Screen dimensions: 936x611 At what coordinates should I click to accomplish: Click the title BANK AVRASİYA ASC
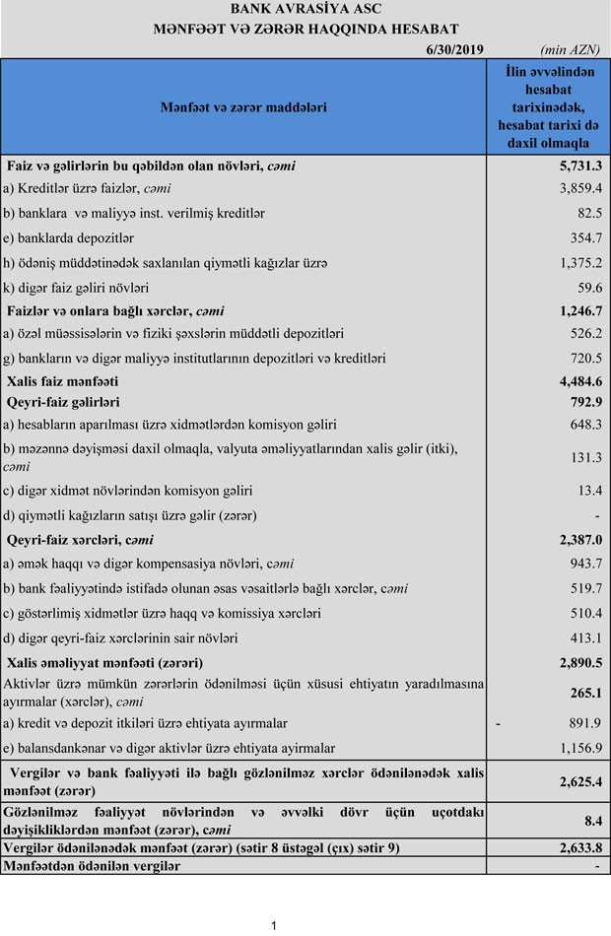click(x=305, y=10)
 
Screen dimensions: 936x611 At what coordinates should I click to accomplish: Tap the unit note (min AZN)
click(x=571, y=48)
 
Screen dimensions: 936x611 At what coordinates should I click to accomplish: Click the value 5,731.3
click(x=580, y=166)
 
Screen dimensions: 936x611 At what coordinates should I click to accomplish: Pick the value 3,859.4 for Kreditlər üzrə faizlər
click(x=581, y=188)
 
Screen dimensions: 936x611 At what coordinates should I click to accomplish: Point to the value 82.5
click(x=589, y=213)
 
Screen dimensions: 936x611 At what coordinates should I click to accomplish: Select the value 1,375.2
click(x=581, y=263)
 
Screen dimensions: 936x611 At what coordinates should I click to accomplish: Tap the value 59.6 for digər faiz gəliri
click(x=589, y=288)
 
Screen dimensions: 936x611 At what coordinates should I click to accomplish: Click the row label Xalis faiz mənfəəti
click(x=62, y=380)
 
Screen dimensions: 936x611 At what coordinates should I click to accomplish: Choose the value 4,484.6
click(x=580, y=380)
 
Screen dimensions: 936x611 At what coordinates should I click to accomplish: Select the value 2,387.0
click(x=580, y=539)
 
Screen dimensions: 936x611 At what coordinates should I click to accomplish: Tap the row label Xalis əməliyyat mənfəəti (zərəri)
click(x=104, y=662)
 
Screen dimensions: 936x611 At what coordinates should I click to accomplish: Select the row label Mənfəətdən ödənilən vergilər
click(x=93, y=865)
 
